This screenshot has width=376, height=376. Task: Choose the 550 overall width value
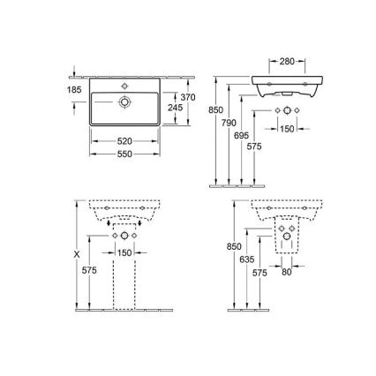coord(124,154)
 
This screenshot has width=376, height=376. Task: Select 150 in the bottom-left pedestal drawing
coord(124,253)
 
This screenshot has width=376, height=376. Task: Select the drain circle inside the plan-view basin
coord(126,103)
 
